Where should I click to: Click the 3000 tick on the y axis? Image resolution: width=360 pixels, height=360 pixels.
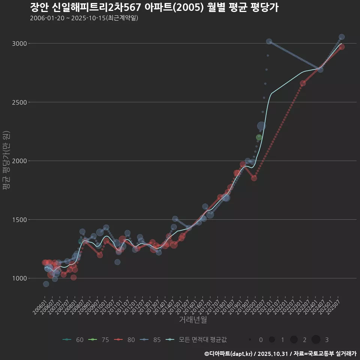pos(19,43)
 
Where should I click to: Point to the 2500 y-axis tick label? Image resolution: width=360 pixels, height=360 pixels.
pos(19,102)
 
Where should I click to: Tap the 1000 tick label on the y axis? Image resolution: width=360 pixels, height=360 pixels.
pos(19,278)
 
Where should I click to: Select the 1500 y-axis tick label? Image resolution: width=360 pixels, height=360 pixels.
pos(19,220)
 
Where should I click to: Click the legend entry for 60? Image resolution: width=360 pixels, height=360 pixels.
pos(73,340)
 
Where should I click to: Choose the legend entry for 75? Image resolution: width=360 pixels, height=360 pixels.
pos(99,340)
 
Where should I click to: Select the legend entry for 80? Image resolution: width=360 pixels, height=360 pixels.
pos(125,340)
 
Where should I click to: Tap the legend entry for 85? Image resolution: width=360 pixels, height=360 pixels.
pos(151,340)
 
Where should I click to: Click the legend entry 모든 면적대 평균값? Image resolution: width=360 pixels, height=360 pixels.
pos(196,340)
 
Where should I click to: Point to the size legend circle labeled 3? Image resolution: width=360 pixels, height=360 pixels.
pos(316,340)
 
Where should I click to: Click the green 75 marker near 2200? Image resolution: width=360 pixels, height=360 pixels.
pos(259,137)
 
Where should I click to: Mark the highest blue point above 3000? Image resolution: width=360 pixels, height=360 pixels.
pos(342,37)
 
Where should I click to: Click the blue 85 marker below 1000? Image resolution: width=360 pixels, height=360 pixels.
pos(46,284)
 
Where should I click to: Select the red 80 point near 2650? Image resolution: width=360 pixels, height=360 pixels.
pos(303,83)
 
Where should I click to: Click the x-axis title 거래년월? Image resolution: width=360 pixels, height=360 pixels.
pos(193,320)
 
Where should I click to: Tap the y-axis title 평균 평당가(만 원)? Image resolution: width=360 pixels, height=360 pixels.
pos(6,161)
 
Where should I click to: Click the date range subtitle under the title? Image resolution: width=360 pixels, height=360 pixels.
pos(84,18)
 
